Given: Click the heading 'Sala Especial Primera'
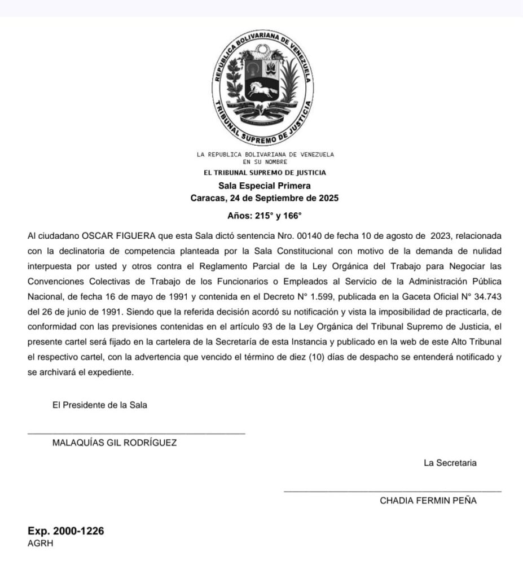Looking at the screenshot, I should point(265,185).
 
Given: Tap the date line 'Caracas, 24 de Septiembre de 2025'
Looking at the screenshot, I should point(265,198).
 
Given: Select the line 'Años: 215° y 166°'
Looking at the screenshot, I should point(265,216).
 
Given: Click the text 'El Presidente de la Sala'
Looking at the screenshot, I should point(100,405).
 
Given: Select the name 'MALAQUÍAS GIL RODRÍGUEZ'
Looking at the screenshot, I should point(115,443).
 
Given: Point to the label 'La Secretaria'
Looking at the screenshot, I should point(450,463).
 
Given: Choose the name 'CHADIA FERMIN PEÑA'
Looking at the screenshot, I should point(428,501).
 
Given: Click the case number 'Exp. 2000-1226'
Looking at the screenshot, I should point(66,531).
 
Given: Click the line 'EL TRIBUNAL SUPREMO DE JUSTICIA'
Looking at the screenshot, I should point(265,173).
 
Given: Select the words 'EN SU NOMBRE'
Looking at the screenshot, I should point(265,162).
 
